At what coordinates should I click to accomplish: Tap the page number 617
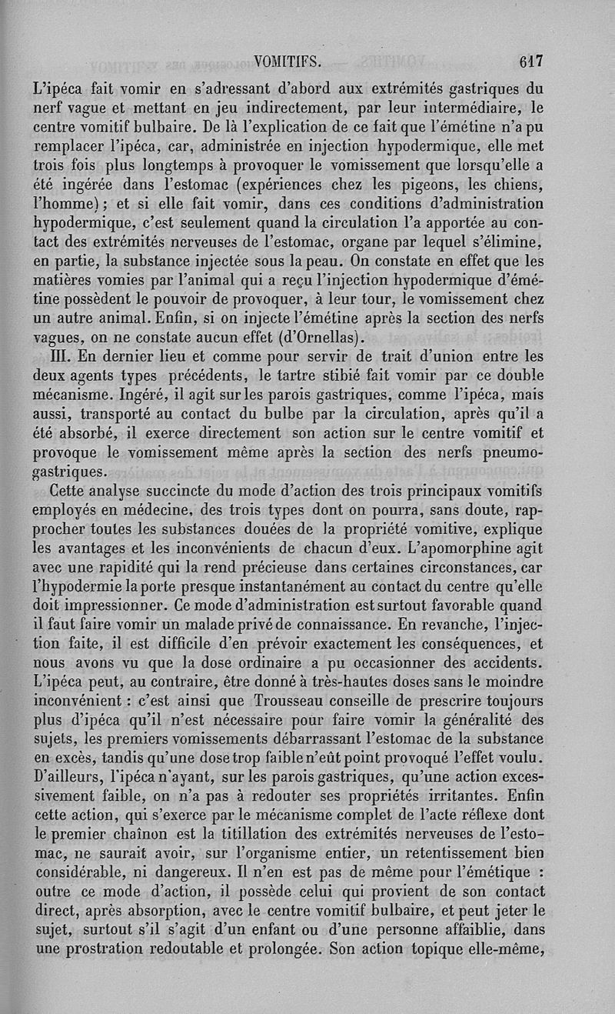point(531,61)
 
